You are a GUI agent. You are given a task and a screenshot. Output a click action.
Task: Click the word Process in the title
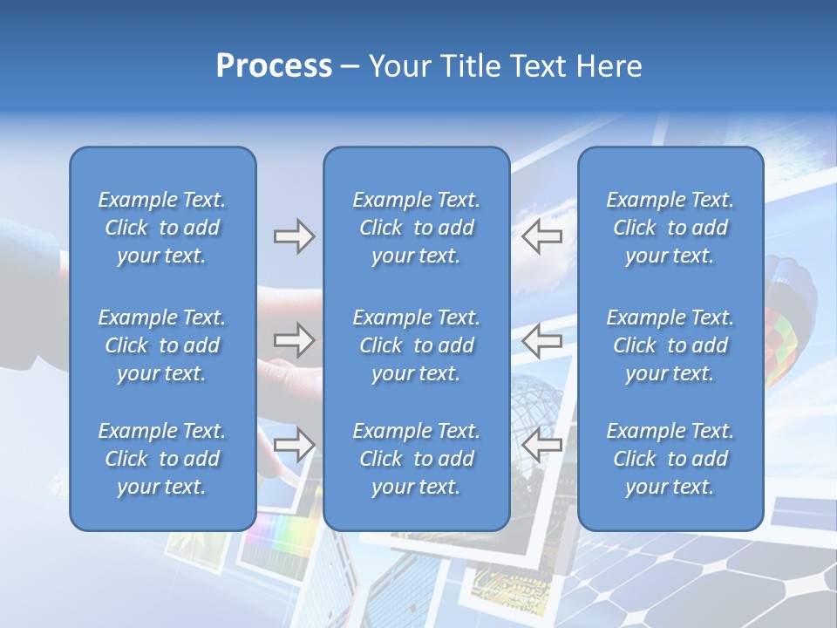point(274,66)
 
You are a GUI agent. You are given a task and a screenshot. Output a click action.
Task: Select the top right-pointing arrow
point(294,236)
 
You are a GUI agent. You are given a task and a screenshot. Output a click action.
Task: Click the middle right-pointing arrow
point(294,339)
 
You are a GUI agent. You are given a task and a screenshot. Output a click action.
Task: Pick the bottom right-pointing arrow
point(294,444)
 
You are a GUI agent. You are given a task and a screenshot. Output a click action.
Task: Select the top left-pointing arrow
point(542,236)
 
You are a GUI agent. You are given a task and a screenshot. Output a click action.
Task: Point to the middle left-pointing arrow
point(542,339)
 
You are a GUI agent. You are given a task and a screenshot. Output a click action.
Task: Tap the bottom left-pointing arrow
point(542,444)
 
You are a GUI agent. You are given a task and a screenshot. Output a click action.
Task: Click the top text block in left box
point(162,228)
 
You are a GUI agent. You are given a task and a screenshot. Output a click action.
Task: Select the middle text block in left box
point(162,345)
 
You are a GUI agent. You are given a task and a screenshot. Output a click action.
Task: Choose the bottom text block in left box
point(162,459)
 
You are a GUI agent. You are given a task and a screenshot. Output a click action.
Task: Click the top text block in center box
point(417,228)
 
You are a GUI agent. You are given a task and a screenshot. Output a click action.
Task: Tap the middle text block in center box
point(417,345)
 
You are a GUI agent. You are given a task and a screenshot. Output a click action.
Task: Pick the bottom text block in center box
point(417,459)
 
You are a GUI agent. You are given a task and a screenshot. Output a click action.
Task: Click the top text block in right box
point(670,228)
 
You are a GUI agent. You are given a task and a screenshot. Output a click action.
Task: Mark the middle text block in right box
point(670,345)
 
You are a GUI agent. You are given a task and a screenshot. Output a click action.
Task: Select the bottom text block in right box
point(670,459)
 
